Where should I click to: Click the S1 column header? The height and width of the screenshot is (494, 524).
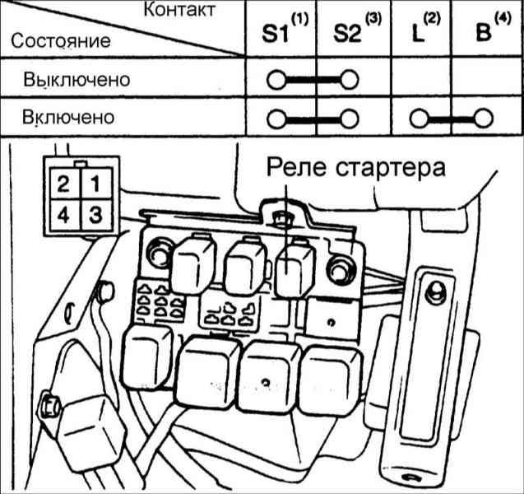tap(279, 34)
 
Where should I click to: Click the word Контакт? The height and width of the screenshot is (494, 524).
tap(180, 11)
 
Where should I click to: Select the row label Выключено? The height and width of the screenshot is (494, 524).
tap(77, 81)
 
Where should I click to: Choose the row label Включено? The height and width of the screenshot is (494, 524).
tap(68, 117)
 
